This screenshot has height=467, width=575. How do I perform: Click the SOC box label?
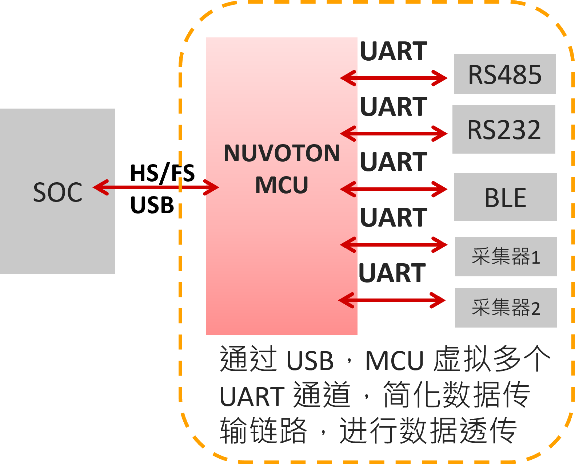[58, 192]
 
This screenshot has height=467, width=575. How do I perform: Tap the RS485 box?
[505, 74]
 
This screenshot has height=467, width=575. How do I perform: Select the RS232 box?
[504, 129]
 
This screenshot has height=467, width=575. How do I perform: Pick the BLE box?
[505, 197]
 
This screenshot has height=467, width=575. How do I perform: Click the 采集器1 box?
[506, 257]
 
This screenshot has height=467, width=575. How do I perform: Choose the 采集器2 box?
[506, 308]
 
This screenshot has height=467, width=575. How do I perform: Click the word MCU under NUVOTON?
[281, 185]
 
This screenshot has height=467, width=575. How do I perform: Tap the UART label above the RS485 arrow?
[394, 51]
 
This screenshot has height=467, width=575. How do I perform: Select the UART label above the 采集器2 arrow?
[392, 273]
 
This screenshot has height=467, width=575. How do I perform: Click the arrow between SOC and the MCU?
[156, 187]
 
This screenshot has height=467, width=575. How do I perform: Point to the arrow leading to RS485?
[394, 78]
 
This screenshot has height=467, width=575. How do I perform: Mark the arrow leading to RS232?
[394, 134]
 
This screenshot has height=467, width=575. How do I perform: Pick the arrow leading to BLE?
[394, 189]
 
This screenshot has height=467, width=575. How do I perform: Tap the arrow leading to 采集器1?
[394, 244]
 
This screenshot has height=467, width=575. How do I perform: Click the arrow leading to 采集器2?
[392, 300]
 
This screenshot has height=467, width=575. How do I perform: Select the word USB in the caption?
[310, 361]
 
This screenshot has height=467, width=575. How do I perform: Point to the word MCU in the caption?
[395, 361]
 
